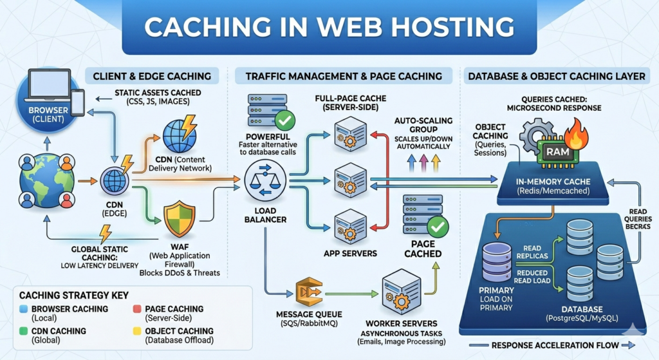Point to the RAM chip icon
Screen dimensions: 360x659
click(555, 151)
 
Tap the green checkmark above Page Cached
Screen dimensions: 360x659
click(438, 227)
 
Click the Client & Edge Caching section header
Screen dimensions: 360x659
click(151, 75)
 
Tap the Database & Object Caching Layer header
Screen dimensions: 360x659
click(556, 76)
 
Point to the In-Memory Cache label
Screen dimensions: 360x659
click(554, 182)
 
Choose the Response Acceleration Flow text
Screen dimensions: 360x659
click(555, 346)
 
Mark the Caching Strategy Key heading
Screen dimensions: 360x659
click(65, 296)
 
